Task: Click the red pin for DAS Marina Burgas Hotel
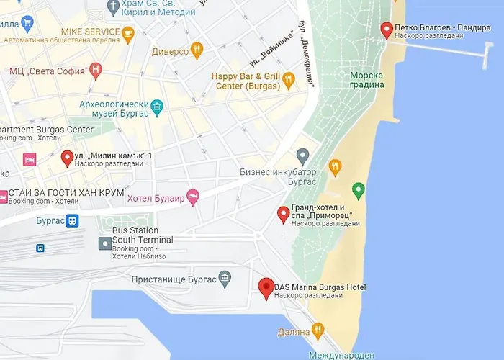pos(266,288)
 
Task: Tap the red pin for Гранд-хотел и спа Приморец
pos(284,215)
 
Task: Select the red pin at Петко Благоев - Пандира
pos(387,30)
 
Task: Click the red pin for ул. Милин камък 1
pos(67,158)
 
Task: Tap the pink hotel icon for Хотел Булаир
pos(192,195)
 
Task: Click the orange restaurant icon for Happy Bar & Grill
pos(289,80)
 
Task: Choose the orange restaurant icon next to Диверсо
pos(197,50)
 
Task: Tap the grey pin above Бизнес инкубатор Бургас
pos(303,156)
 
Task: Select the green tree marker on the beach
pos(359,191)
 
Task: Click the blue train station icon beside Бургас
pos(72,221)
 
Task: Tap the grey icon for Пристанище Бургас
pos(225,277)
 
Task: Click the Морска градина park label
pos(367,79)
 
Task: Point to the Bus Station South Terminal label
pos(143,235)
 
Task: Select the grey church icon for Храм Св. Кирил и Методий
pos(113,7)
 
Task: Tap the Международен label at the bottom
pos(342,355)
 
